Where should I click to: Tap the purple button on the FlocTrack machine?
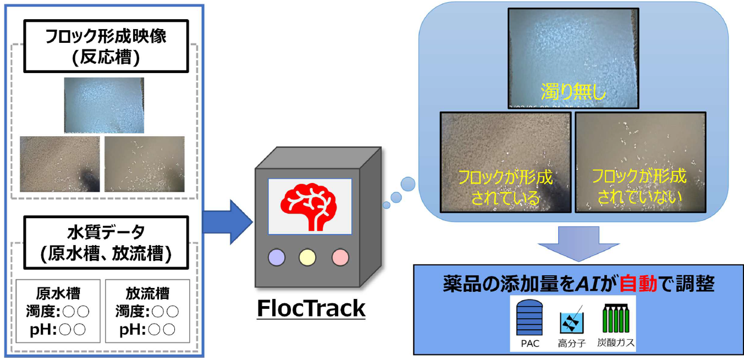(276, 257)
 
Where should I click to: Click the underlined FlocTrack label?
(311, 308)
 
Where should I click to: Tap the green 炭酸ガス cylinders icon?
(616, 319)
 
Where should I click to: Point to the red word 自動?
(638, 284)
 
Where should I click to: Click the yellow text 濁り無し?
(573, 91)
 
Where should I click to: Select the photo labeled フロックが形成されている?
(505, 162)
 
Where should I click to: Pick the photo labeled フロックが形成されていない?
(640, 162)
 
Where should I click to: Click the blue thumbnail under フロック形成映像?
(104, 106)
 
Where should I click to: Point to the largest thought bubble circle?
(407, 184)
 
